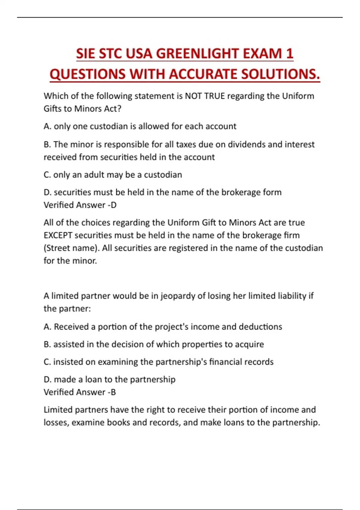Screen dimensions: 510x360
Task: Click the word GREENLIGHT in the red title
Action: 197,54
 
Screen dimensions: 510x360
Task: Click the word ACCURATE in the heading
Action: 203,74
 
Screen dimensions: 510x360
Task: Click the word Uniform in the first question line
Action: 298,96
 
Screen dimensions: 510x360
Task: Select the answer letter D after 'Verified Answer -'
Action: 114,205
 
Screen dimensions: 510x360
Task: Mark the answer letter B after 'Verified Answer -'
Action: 113,392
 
